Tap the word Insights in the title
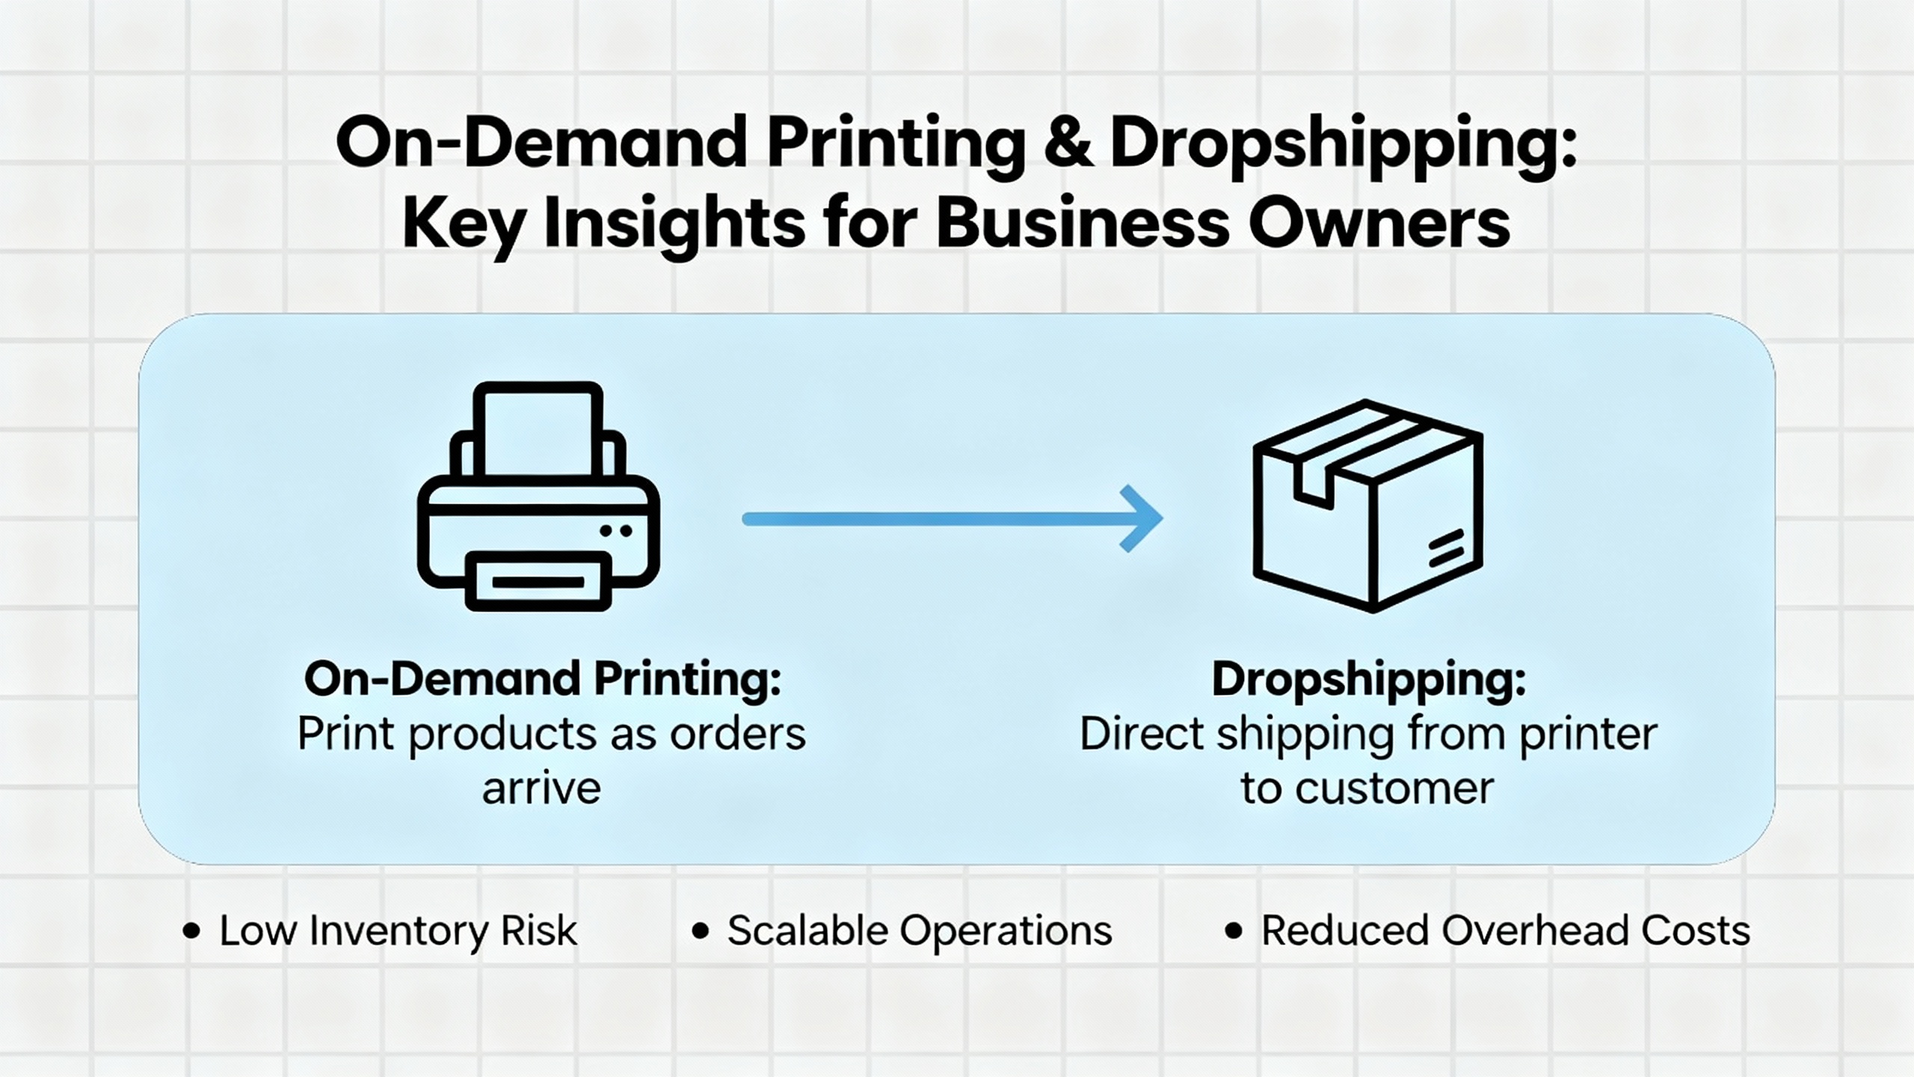(x=674, y=224)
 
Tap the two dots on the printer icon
(x=617, y=531)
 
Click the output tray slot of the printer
(x=538, y=581)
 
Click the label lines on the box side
(x=1446, y=547)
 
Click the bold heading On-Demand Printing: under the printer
(x=542, y=679)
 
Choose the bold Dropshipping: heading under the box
(x=1368, y=679)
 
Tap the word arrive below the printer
(x=541, y=788)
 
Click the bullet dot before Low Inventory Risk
(x=192, y=931)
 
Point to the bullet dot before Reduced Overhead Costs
(x=1234, y=931)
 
